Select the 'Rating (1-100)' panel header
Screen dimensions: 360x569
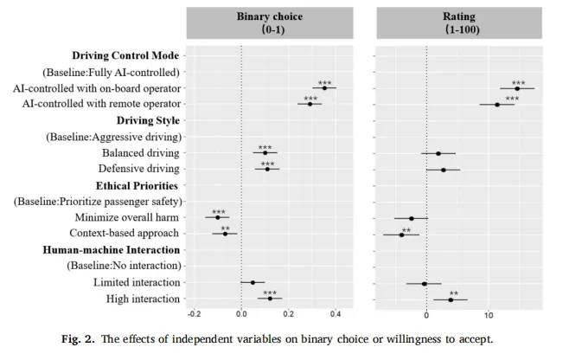[x=462, y=22]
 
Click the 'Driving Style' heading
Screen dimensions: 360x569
[x=148, y=120]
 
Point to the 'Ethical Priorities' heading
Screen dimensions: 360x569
[x=136, y=185]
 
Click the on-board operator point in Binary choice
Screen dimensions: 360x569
[x=324, y=88]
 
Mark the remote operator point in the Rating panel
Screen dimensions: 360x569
[x=497, y=105]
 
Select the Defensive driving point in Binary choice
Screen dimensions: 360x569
[x=267, y=169]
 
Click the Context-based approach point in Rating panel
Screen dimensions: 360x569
[x=401, y=235]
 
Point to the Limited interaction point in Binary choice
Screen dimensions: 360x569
[x=253, y=283]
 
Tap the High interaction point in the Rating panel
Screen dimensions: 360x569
[x=451, y=299]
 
